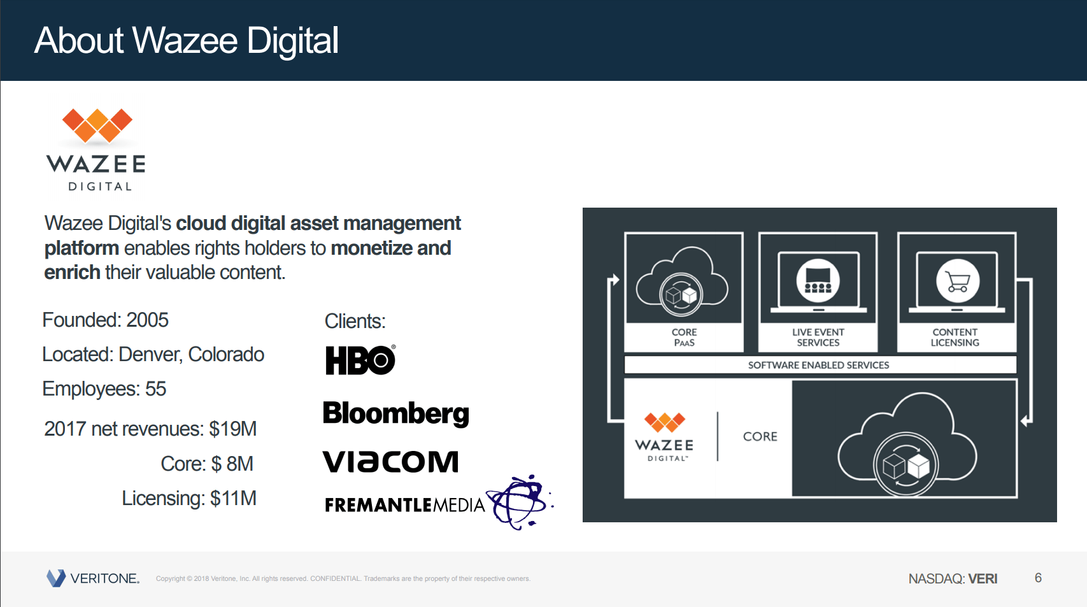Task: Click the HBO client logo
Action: (x=360, y=360)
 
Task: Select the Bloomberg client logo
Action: (x=395, y=413)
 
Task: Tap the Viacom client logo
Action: (x=390, y=462)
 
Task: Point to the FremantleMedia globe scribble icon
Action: (x=519, y=502)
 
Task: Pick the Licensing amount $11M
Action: (x=233, y=498)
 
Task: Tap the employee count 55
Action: (x=155, y=389)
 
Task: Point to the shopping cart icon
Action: (x=957, y=281)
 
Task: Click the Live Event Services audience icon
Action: (x=818, y=281)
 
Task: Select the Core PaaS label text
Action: (x=684, y=337)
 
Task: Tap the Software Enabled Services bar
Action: (x=819, y=365)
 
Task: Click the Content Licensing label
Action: (x=955, y=337)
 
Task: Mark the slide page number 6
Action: (x=1038, y=578)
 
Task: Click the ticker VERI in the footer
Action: (x=983, y=578)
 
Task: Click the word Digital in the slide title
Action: (x=292, y=41)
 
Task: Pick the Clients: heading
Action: (x=355, y=321)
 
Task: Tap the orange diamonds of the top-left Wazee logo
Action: (x=97, y=125)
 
